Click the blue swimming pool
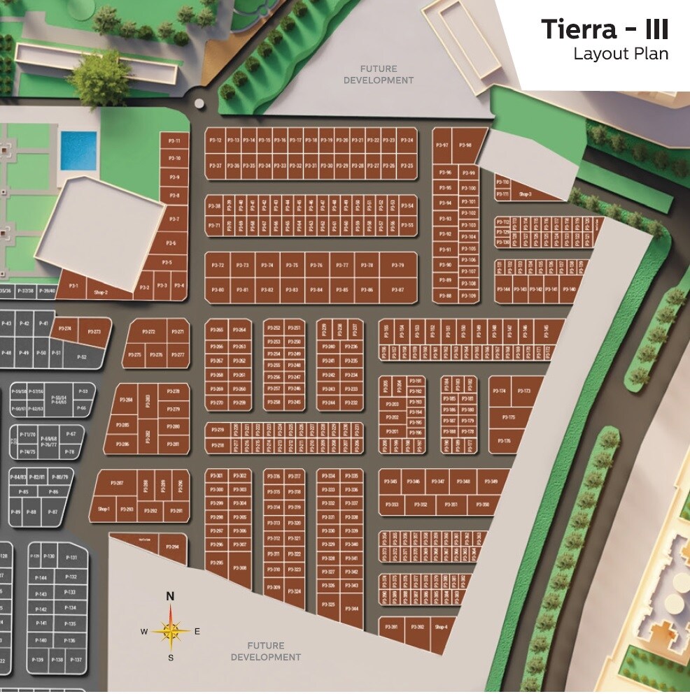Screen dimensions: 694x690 coord(78,150)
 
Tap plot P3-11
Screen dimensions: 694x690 coord(175,141)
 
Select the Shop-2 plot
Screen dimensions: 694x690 coord(101,293)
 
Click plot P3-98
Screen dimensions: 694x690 coord(465,145)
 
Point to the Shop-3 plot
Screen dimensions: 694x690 coord(526,194)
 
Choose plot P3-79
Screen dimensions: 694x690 coord(397,266)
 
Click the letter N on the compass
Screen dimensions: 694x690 coord(170,596)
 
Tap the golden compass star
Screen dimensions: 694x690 coord(171,631)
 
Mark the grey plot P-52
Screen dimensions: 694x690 coord(82,357)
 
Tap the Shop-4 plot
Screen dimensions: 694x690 coord(440,628)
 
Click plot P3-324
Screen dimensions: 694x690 coord(295,591)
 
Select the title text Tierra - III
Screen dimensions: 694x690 coord(604,30)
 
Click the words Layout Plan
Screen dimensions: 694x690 coord(621,54)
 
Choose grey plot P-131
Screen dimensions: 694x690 coord(71,558)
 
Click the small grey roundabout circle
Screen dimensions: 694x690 coord(199,103)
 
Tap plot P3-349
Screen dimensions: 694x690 coord(491,482)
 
